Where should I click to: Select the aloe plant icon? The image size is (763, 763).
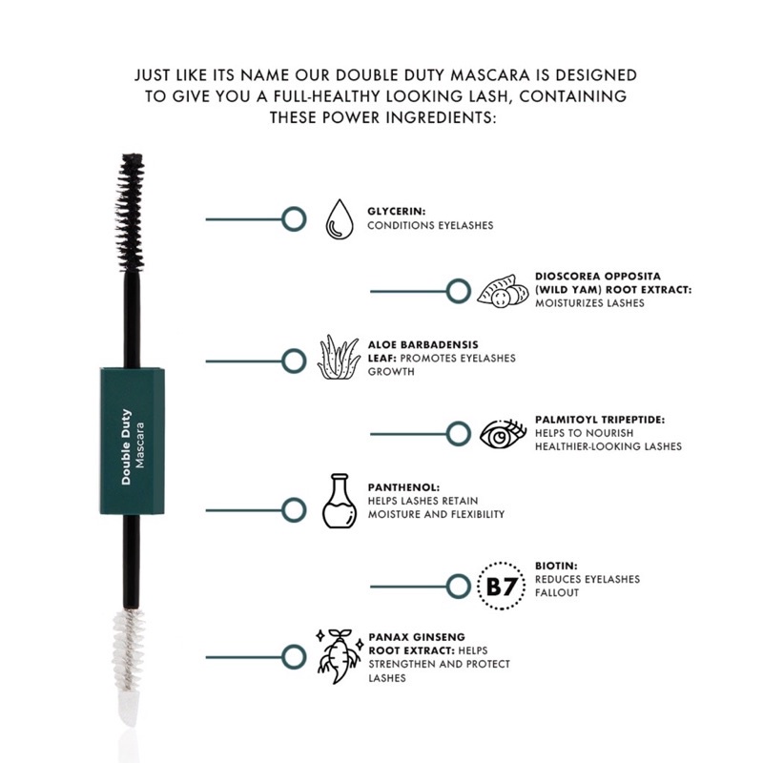[337, 359]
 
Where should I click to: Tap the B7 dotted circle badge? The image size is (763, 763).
[501, 586]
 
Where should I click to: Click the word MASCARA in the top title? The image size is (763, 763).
[468, 73]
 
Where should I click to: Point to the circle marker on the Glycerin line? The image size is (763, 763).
[295, 219]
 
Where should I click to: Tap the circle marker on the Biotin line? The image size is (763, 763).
[459, 586]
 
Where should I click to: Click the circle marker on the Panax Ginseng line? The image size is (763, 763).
[295, 656]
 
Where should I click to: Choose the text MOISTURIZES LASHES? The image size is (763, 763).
[590, 303]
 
